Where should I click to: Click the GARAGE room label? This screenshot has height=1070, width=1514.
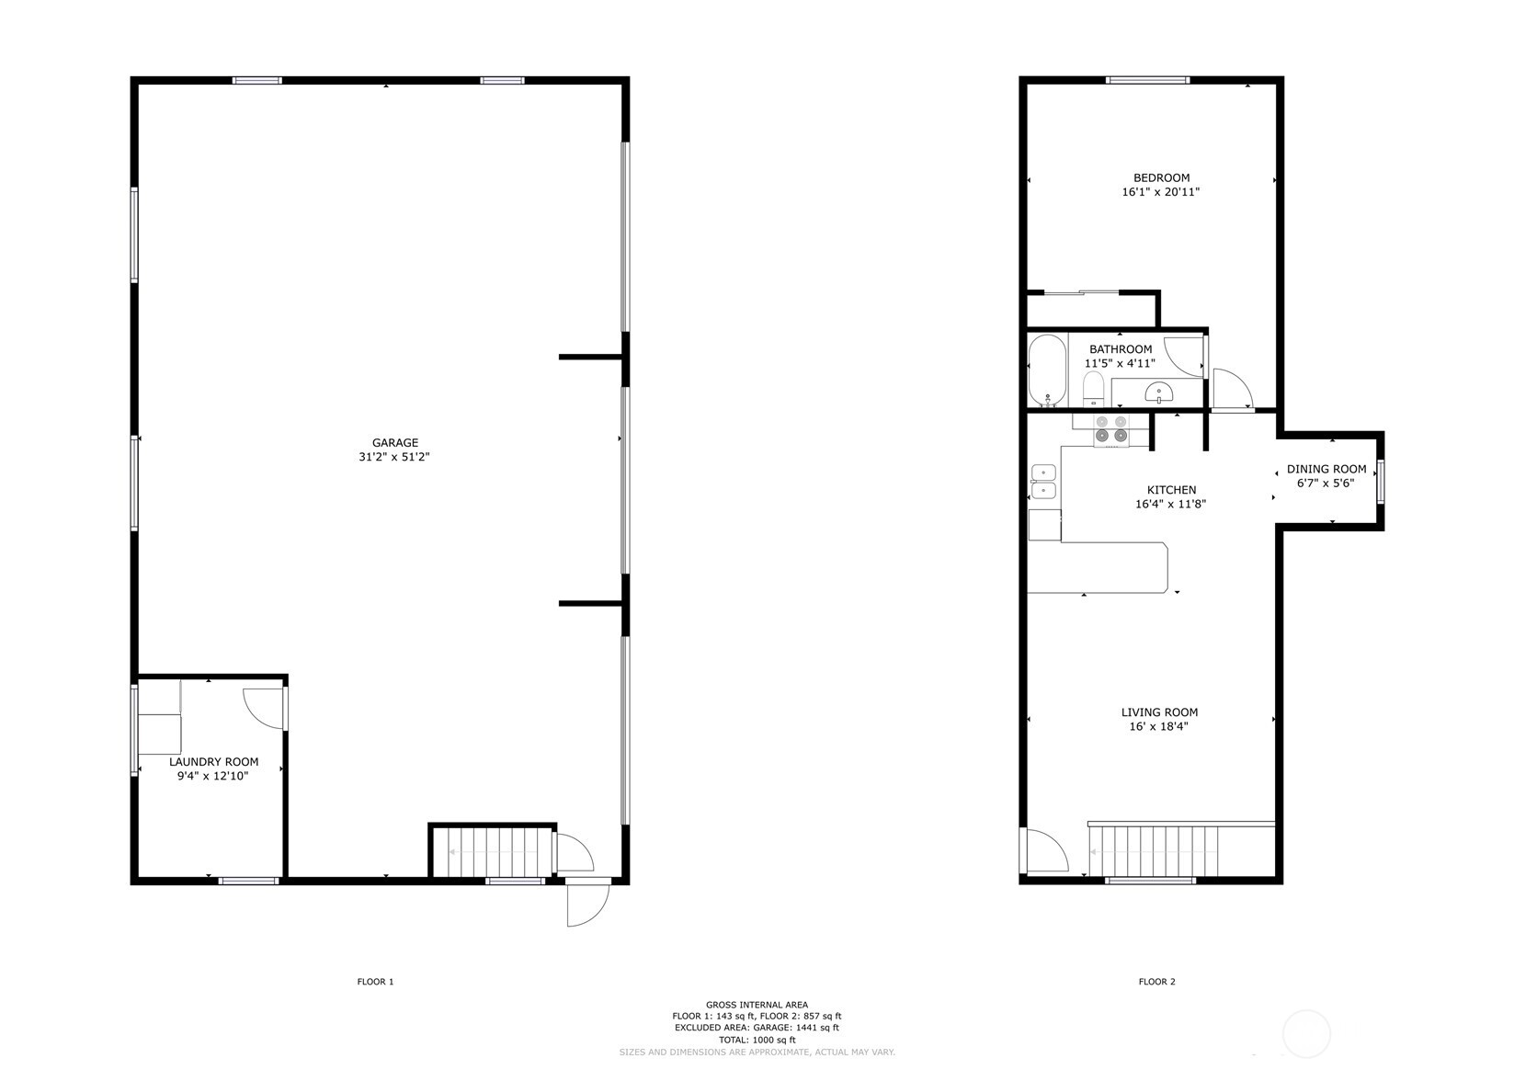point(395,443)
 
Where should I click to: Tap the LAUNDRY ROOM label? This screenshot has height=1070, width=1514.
point(213,762)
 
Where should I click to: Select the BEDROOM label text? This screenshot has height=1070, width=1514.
point(1161,178)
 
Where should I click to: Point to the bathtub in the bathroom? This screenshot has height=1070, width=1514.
point(1048,370)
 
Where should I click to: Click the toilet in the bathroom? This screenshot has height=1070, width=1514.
point(1093,391)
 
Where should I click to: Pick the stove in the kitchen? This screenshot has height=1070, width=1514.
point(1110,429)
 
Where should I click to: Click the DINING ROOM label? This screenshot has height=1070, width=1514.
point(1326,470)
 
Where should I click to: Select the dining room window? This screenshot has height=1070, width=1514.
point(1380,482)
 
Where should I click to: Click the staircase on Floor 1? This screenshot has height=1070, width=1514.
point(492,852)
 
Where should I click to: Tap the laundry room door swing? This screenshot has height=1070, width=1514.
point(264,707)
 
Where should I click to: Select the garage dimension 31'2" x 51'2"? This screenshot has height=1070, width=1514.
point(394,457)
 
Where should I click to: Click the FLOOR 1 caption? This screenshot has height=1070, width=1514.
point(375,982)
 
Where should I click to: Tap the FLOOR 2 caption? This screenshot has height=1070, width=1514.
point(1156,982)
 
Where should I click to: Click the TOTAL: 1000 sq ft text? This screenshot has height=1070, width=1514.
point(757,1040)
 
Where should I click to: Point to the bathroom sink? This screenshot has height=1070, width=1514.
point(1159,393)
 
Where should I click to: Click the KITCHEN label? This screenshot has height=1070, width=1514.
point(1171,490)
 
